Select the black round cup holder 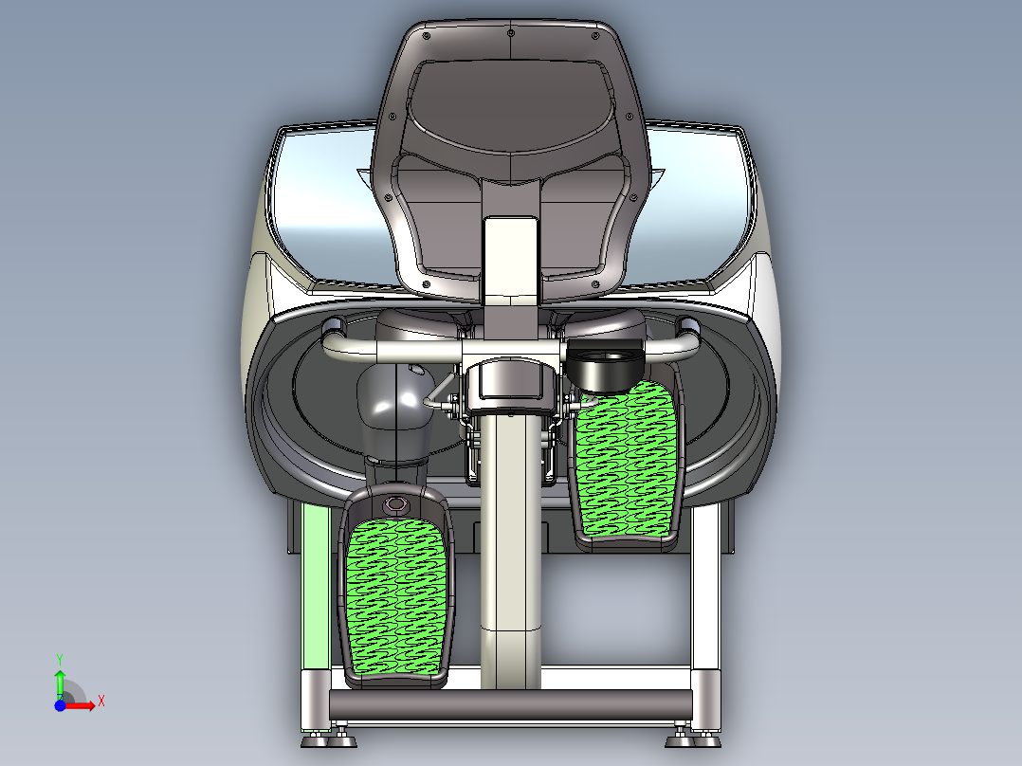(x=608, y=366)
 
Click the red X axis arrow (x=88, y=704)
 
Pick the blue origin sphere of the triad (x=60, y=705)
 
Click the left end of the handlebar (x=334, y=332)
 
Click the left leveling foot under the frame (x=338, y=736)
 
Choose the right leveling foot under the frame (x=680, y=736)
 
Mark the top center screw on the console (x=511, y=33)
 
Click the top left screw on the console (x=426, y=36)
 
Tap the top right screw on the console (x=595, y=36)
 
